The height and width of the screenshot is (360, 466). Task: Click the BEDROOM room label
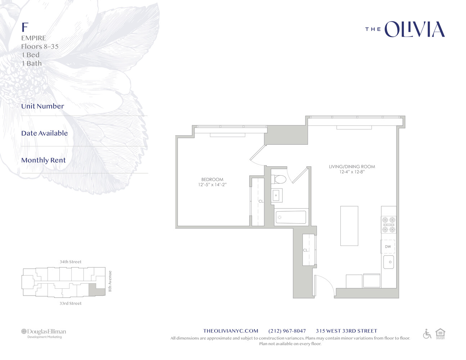212,179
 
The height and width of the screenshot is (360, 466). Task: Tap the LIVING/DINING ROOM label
351,167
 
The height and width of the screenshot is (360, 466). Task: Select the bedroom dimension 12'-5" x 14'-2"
212,185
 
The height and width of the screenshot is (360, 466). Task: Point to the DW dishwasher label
388,247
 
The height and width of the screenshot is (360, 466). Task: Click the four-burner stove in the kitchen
389,225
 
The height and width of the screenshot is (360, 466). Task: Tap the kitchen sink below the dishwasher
389,262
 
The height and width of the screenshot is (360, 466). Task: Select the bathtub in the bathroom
291,217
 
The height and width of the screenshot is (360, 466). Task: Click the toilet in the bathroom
279,179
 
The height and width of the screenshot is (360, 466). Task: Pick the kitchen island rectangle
349,226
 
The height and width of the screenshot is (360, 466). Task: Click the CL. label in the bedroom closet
261,201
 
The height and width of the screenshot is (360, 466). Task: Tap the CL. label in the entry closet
306,250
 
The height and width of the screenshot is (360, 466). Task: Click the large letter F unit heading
25,27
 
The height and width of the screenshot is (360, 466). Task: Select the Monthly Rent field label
44,160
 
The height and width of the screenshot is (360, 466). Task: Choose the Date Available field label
44,133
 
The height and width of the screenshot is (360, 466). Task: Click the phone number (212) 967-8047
287,331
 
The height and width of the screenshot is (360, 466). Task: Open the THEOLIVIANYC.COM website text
230,331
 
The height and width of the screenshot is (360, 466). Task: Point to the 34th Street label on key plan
71,262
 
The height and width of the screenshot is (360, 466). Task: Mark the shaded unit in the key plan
92,289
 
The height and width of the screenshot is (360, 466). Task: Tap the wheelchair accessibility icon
427,334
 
